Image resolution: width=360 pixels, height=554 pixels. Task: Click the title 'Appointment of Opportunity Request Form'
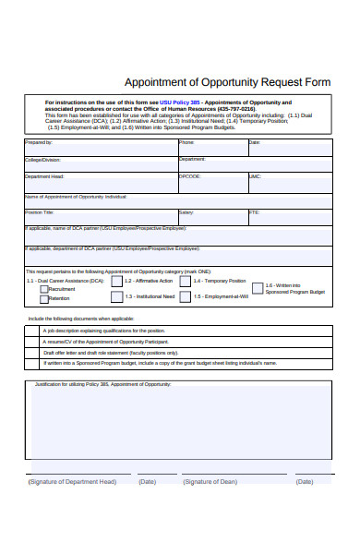[x=226, y=82]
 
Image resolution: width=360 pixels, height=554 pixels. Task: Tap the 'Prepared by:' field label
[x=39, y=143]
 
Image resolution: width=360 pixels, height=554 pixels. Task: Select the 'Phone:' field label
[x=186, y=143]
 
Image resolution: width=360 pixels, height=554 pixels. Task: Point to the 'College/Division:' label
[x=42, y=160]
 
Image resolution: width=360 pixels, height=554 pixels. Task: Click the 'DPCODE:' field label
[x=190, y=176]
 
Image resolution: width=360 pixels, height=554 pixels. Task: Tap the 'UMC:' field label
[x=256, y=176]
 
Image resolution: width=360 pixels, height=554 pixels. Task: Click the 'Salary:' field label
[x=186, y=212]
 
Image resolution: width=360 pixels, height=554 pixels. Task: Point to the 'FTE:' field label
[x=255, y=212]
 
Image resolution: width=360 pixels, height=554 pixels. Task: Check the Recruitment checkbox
[x=43, y=289]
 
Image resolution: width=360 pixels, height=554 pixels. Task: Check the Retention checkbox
[x=43, y=299]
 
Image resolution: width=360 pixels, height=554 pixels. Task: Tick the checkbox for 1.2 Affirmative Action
[x=116, y=281]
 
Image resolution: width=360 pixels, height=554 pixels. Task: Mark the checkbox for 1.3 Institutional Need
[x=116, y=296]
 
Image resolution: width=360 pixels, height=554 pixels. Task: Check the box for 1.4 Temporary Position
[x=186, y=281]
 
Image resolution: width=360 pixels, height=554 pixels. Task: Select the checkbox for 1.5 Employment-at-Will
[x=186, y=296]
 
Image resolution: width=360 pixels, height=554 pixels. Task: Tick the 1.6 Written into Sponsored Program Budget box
[x=257, y=288]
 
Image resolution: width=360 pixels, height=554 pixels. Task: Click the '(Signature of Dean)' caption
[x=210, y=481]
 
